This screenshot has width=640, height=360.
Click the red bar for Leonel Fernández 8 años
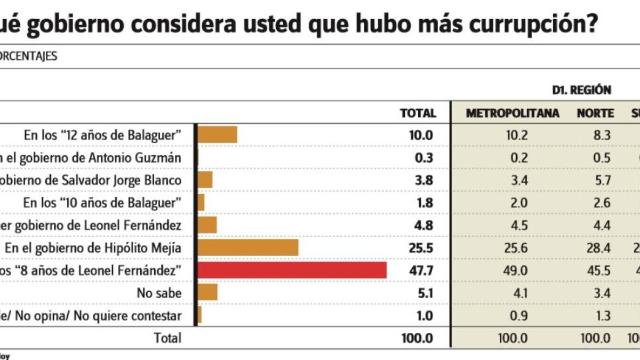(x=292, y=270)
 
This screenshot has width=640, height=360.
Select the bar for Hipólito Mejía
(x=248, y=247)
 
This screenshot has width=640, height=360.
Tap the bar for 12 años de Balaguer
(x=218, y=135)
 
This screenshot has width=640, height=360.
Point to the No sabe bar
(x=208, y=293)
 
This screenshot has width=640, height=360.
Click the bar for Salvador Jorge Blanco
(x=205, y=180)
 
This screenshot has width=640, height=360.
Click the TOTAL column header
(x=418, y=113)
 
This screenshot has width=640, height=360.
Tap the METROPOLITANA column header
(x=513, y=113)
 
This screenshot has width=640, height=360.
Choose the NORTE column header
(x=595, y=113)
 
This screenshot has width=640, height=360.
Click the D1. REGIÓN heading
(x=581, y=90)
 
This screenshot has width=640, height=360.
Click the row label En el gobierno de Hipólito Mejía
(x=93, y=248)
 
